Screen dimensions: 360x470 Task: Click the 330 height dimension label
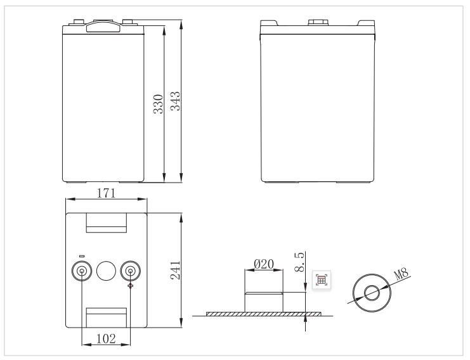[x=159, y=105]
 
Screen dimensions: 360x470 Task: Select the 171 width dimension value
[x=106, y=194]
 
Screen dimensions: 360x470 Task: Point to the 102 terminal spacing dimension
[x=106, y=338]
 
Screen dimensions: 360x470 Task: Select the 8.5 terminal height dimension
[x=300, y=262]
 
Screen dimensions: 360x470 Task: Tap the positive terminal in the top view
[x=130, y=271]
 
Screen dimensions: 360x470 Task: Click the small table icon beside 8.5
[x=322, y=280]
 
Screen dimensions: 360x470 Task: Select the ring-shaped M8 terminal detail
[x=371, y=293]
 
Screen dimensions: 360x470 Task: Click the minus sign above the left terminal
[x=82, y=256]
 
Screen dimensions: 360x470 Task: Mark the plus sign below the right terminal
[x=130, y=286]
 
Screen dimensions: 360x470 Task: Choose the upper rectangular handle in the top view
[x=107, y=221]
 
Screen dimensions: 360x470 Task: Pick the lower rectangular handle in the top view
[x=107, y=318]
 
